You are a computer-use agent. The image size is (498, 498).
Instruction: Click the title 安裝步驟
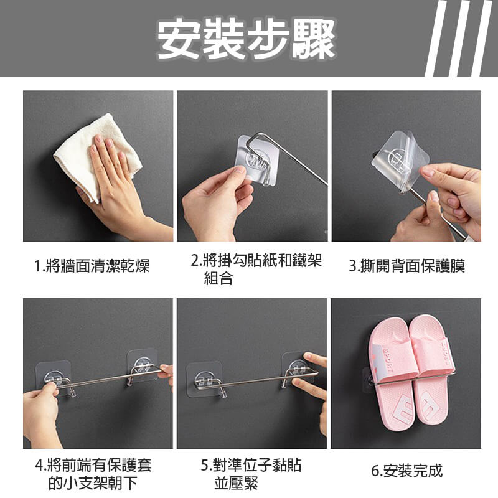tap(246, 38)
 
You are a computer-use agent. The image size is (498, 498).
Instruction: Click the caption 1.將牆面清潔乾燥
tap(92, 266)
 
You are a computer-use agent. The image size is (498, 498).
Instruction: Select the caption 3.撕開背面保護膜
tap(406, 266)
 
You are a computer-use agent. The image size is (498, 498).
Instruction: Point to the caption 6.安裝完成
tap(406, 471)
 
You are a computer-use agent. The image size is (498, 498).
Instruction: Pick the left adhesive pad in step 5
tap(204, 379)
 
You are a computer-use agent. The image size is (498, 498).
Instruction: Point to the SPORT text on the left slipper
tap(388, 360)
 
